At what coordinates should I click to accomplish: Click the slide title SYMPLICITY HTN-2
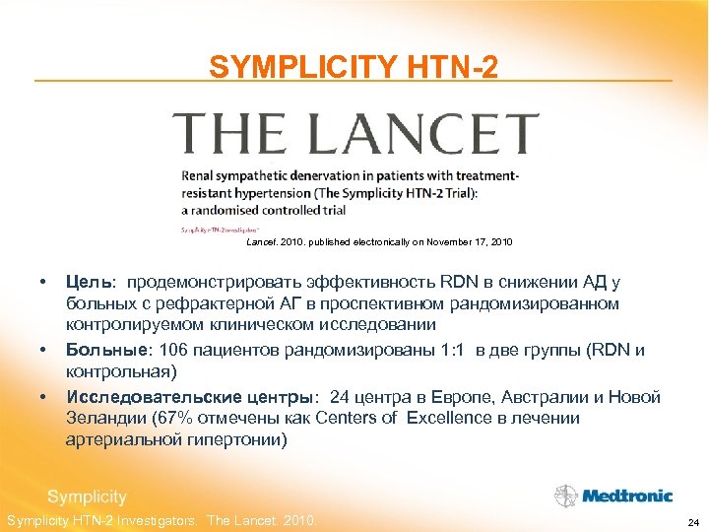tap(354, 66)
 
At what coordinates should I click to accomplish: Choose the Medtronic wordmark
tap(626, 496)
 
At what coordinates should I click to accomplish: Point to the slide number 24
tap(693, 521)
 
